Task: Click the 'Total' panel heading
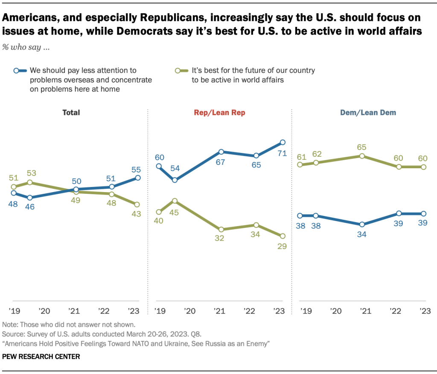coord(71,113)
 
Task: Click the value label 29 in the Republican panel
coord(282,246)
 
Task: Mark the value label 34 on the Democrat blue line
coord(362,234)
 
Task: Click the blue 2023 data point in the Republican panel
coord(282,142)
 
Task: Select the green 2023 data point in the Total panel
coord(137,204)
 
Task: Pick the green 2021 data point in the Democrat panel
coord(362,156)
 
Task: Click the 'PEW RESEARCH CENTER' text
coord(41,357)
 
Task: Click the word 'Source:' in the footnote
coord(13,332)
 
